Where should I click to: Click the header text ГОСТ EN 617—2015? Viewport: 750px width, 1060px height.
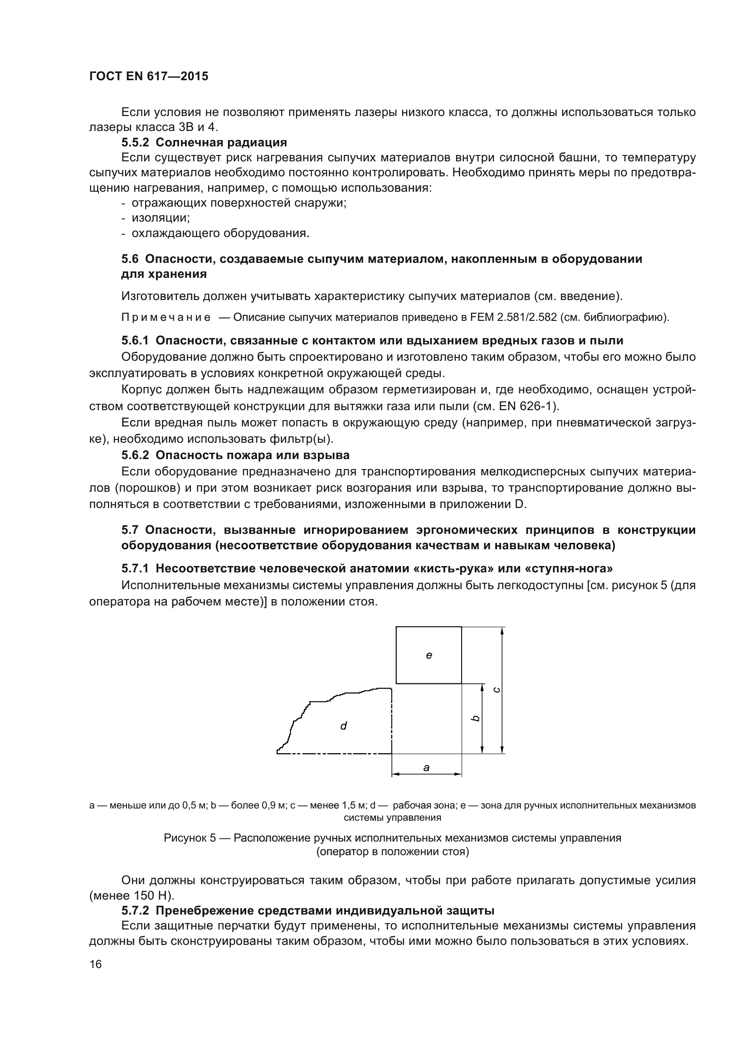[148, 76]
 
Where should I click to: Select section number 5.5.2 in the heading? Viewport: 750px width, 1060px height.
[136, 142]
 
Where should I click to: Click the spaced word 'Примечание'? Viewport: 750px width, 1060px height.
[166, 317]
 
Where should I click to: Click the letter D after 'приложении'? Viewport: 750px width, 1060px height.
[520, 503]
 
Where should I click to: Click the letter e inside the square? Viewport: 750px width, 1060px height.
[429, 655]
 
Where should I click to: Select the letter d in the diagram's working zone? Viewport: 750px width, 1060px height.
[343, 726]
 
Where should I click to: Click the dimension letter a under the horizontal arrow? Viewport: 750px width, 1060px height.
[426, 768]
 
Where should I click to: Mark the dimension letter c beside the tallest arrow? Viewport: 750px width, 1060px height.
[497, 690]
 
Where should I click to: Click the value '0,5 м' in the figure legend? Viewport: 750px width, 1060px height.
[195, 806]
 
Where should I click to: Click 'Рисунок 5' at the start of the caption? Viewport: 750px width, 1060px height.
[190, 838]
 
